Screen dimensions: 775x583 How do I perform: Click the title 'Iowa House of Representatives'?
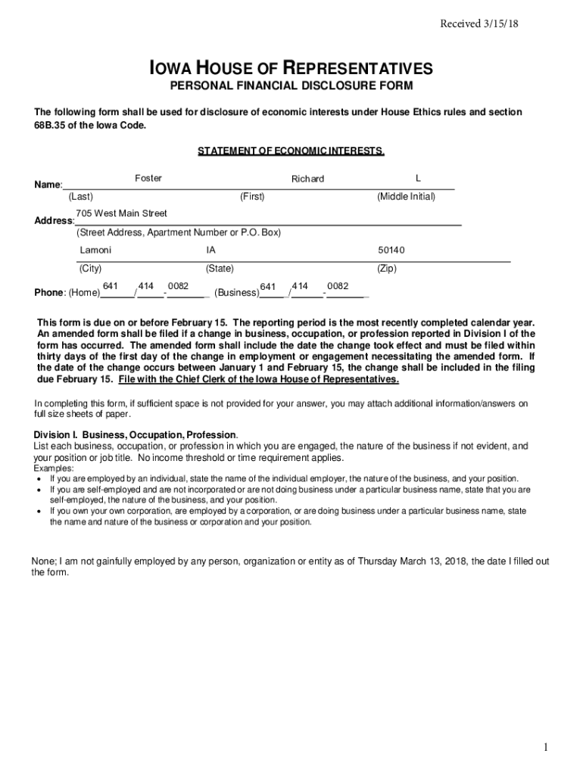click(291, 69)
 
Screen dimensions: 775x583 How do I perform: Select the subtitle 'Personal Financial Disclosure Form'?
click(291, 86)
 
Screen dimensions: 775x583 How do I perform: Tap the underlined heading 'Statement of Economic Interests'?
click(291, 151)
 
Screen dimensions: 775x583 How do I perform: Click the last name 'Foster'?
click(148, 178)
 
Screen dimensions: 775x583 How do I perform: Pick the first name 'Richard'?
click(307, 179)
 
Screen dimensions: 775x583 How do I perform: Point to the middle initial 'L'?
click(418, 178)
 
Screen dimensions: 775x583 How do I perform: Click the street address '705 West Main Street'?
click(121, 213)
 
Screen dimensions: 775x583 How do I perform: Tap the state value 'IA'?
click(210, 250)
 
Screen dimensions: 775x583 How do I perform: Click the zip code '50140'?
click(391, 250)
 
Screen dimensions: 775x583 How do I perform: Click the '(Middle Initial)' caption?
click(406, 197)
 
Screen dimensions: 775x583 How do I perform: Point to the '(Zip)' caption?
click(386, 269)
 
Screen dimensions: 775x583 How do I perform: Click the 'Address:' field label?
click(54, 221)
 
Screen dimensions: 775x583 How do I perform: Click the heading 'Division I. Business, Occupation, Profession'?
click(136, 435)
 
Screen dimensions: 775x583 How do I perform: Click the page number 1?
click(544, 748)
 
